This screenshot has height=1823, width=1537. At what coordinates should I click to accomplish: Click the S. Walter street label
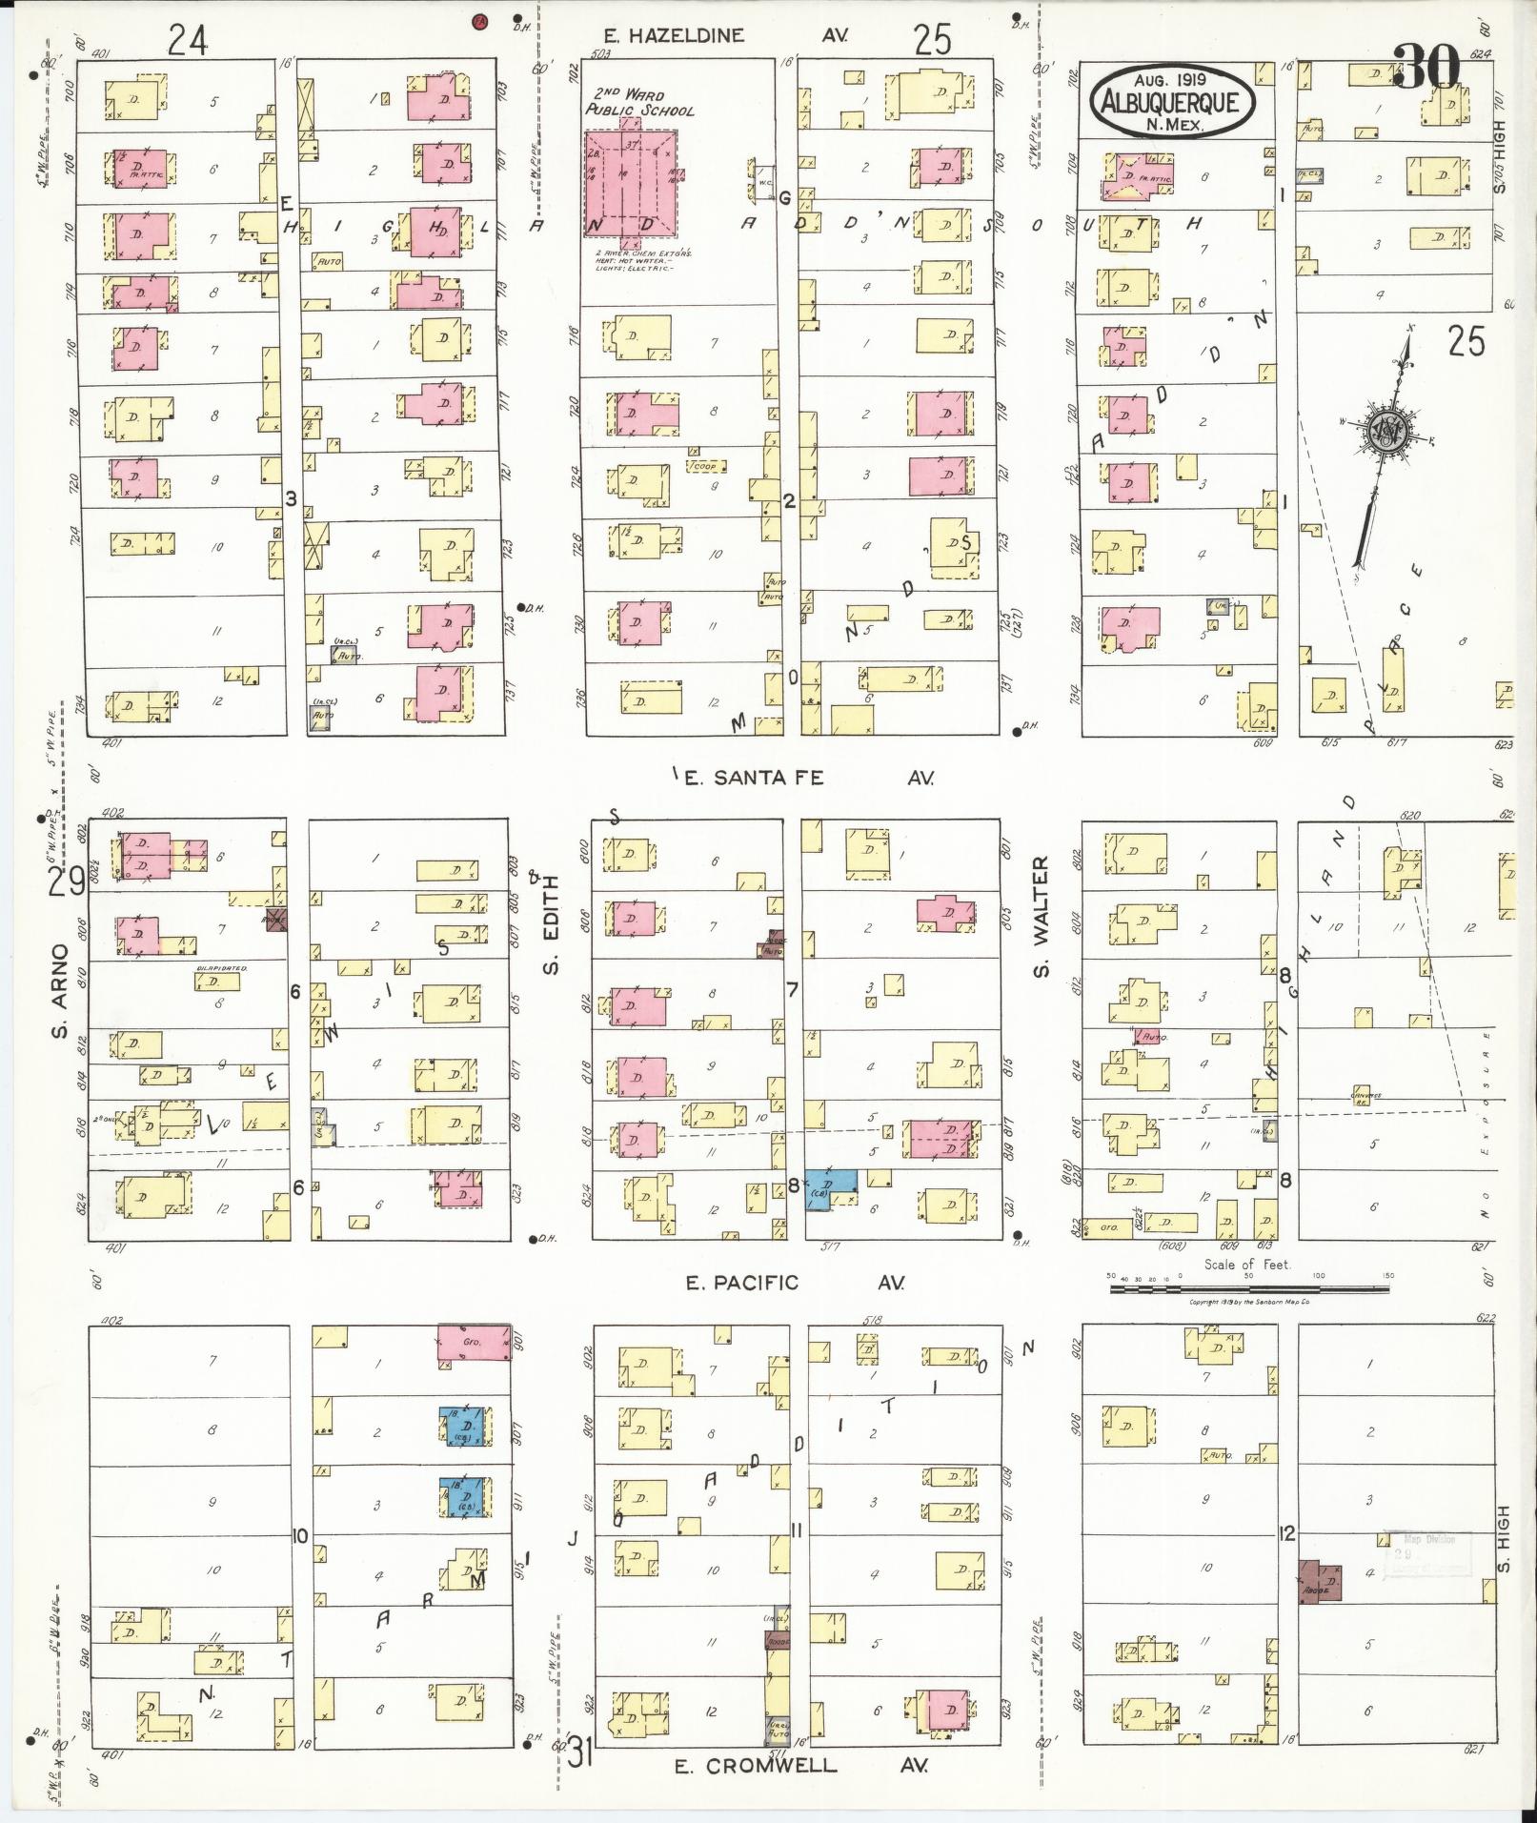pos(1041,916)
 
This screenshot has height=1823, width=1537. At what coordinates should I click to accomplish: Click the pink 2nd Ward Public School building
pos(630,183)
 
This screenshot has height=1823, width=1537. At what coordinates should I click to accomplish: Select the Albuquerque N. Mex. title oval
pos(1173,101)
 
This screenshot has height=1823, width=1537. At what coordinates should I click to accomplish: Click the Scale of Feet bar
pos(1247,1288)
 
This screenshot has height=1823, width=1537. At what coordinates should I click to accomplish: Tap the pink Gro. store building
pos(472,1342)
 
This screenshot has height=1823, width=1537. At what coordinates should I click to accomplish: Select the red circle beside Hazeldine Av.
pos(480,22)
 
